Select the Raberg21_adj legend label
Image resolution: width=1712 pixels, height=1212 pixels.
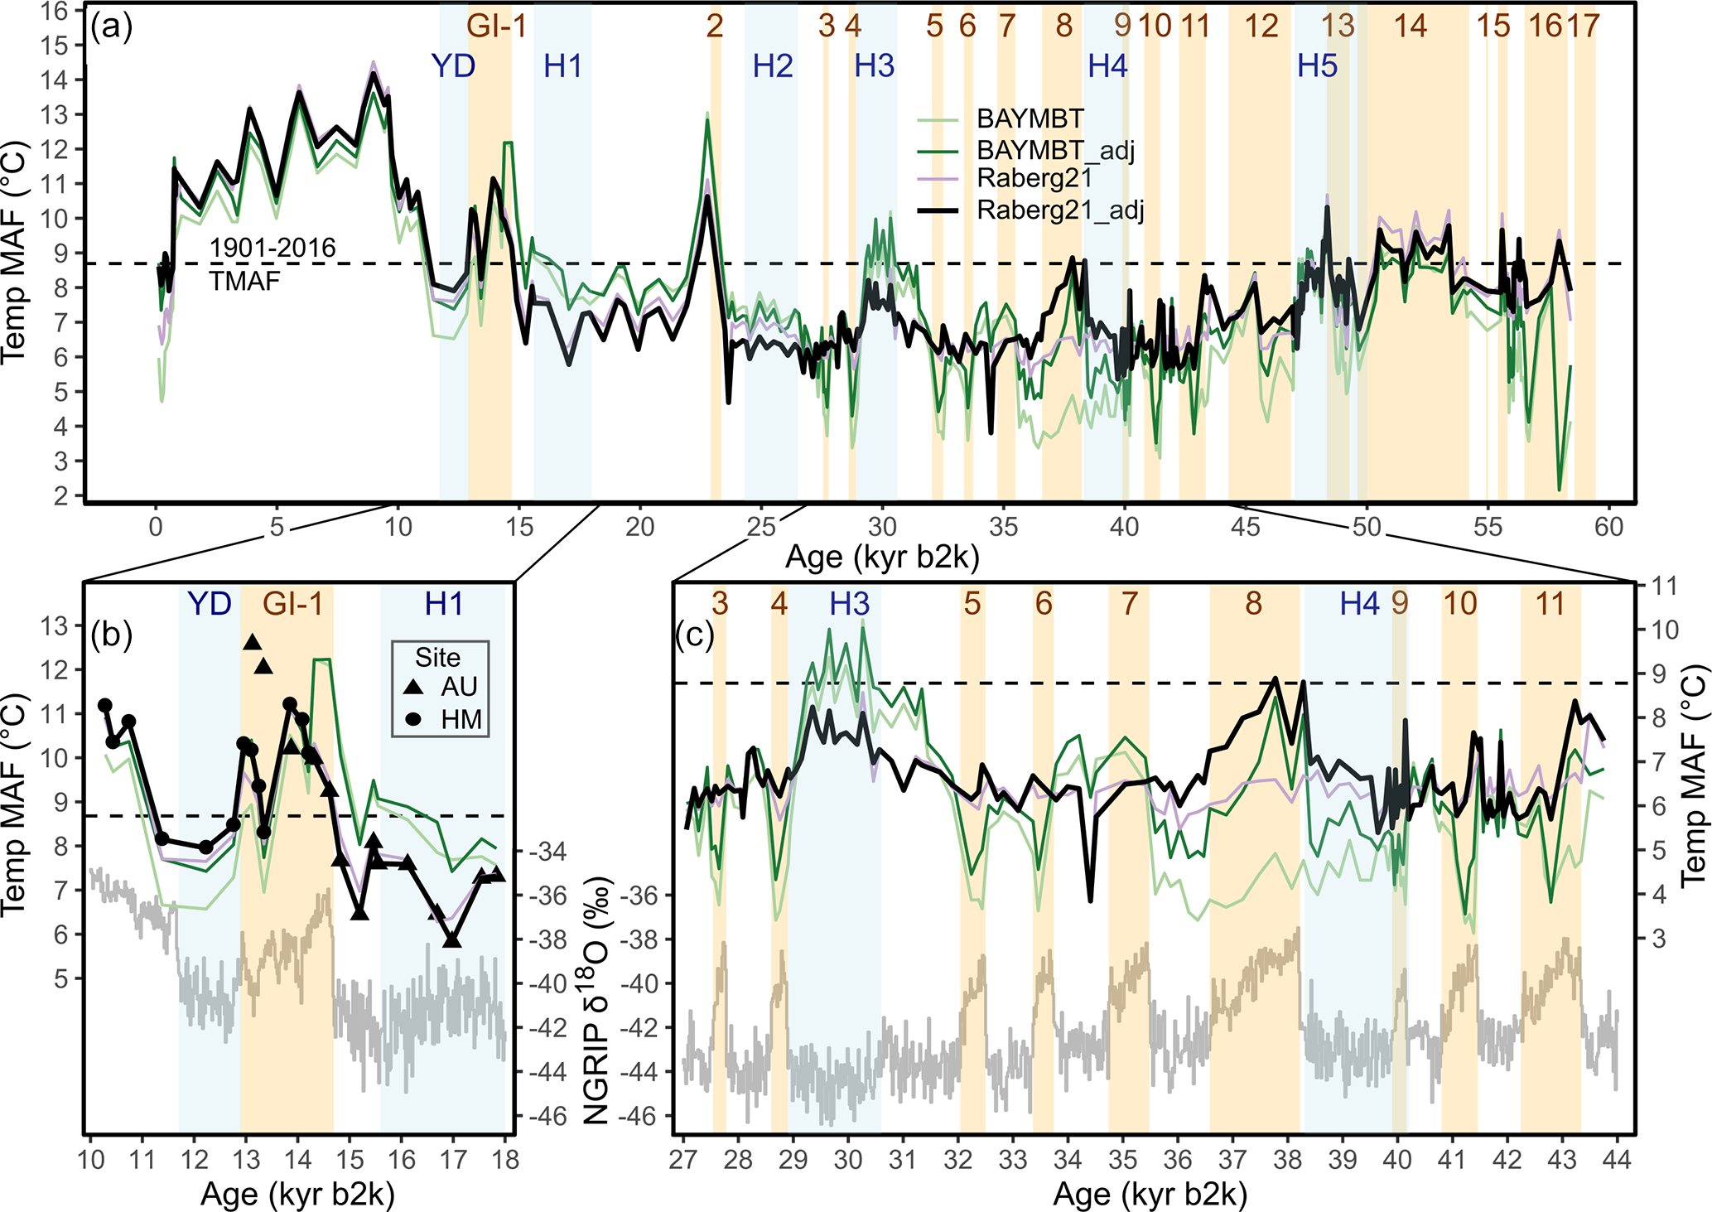pyautogui.click(x=1060, y=210)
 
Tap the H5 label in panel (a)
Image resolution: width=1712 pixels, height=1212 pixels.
pyautogui.click(x=1317, y=65)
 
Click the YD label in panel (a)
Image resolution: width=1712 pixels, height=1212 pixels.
pyautogui.click(x=453, y=65)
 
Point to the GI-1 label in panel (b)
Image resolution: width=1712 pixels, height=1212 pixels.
pyautogui.click(x=292, y=604)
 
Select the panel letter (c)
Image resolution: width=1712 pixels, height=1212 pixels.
pyautogui.click(x=694, y=635)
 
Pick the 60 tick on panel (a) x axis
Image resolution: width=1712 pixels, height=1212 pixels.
pyautogui.click(x=1608, y=526)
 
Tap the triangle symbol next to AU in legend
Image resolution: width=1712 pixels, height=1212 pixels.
pyautogui.click(x=414, y=687)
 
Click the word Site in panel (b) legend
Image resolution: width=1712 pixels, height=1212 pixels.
pyautogui.click(x=437, y=657)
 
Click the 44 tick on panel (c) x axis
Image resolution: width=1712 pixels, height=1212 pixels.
pyautogui.click(x=1616, y=1158)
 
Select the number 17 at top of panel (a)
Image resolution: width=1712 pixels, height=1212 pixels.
pyautogui.click(x=1582, y=27)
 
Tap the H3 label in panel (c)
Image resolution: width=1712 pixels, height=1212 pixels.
pyautogui.click(x=850, y=604)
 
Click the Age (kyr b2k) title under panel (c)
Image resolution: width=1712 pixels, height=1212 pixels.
pyautogui.click(x=1150, y=1195)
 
